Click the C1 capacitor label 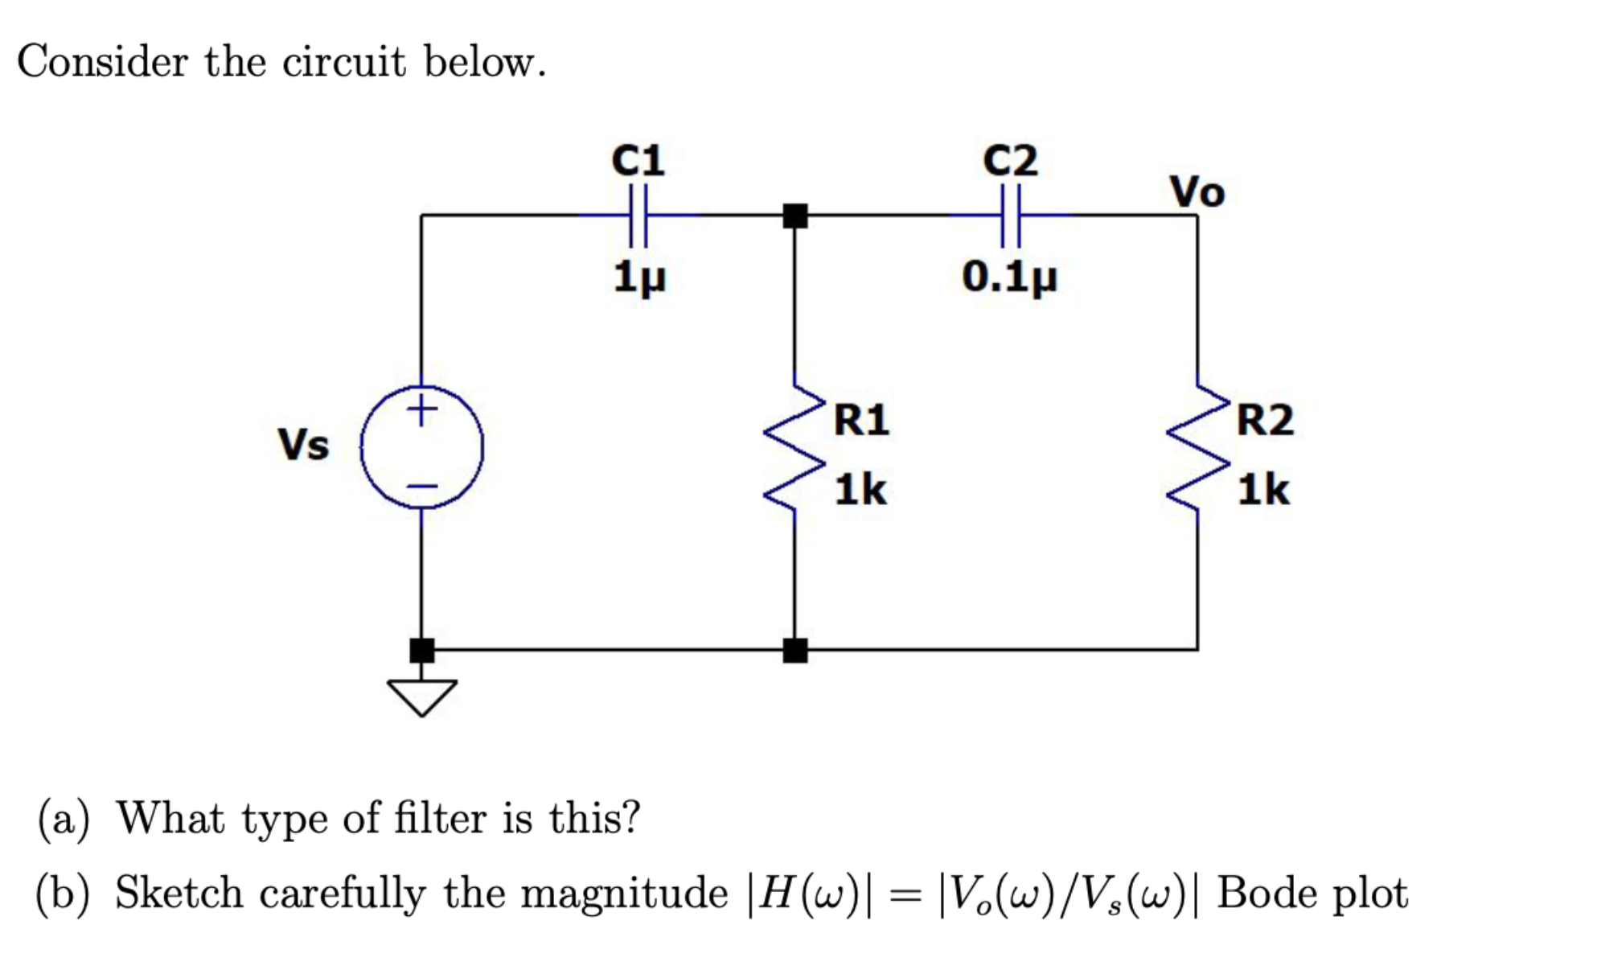pyautogui.click(x=638, y=160)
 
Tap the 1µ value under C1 pyautogui.click(x=639, y=278)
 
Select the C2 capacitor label pyautogui.click(x=1010, y=160)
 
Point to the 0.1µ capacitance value pyautogui.click(x=1009, y=277)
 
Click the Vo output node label pyautogui.click(x=1197, y=191)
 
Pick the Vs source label pyautogui.click(x=303, y=445)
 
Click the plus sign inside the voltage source pyautogui.click(x=421, y=412)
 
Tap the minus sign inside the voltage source pyautogui.click(x=421, y=486)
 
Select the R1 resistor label pyautogui.click(x=861, y=420)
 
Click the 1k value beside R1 pyautogui.click(x=860, y=490)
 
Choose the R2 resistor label pyautogui.click(x=1265, y=420)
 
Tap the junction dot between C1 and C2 pyautogui.click(x=794, y=216)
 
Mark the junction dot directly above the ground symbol pyautogui.click(x=421, y=650)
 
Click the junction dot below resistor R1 pyautogui.click(x=794, y=650)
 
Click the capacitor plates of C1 pyautogui.click(x=638, y=216)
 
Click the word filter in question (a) pyautogui.click(x=440, y=819)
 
